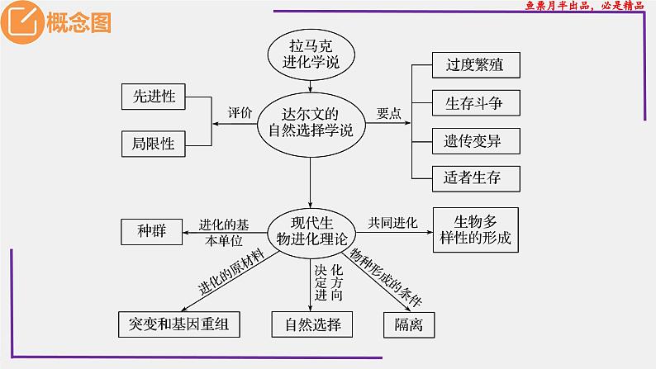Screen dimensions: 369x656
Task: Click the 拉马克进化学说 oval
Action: click(x=310, y=53)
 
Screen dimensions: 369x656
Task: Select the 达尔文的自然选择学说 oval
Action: click(x=310, y=122)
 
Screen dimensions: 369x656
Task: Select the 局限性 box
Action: click(x=154, y=143)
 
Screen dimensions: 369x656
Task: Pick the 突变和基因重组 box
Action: click(x=179, y=323)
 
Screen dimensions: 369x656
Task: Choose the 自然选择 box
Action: click(x=307, y=323)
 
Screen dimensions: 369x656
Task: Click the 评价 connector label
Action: click(x=240, y=115)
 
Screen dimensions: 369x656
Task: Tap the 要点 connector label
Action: click(x=389, y=115)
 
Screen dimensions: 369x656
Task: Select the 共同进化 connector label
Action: click(x=393, y=221)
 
